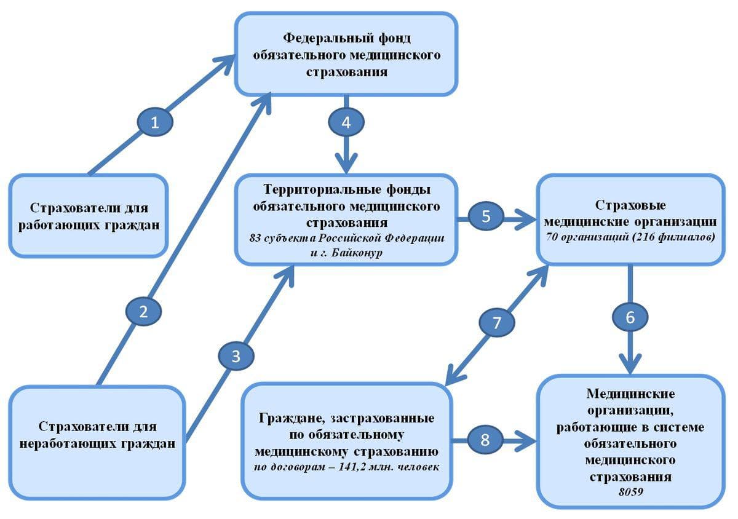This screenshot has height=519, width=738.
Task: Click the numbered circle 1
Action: (154, 122)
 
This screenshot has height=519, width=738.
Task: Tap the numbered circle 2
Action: (143, 311)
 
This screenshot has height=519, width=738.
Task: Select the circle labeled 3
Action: (236, 356)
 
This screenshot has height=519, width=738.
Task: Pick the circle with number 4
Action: (346, 122)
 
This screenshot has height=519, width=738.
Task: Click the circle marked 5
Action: (486, 216)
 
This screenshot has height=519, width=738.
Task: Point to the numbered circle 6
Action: (630, 317)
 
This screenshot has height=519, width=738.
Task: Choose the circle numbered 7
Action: (497, 323)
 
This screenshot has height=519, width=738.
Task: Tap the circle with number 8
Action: (486, 440)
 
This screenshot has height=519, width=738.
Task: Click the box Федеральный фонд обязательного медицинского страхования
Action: (346, 54)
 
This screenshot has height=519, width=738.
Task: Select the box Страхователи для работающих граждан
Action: (89, 215)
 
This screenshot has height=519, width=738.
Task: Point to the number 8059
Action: (630, 491)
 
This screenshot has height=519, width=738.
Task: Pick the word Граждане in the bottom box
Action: (286, 419)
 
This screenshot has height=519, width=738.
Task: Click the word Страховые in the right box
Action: (630, 205)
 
